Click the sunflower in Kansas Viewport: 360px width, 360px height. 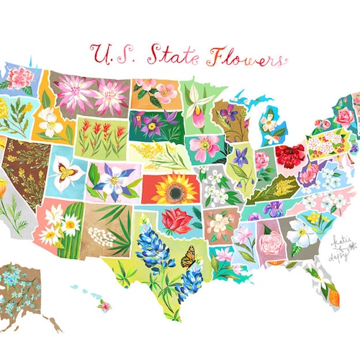tap(173, 189)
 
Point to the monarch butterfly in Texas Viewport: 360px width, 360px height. tap(189, 257)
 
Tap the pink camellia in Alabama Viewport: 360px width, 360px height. tap(271, 241)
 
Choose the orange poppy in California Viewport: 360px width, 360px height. tap(3, 189)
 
